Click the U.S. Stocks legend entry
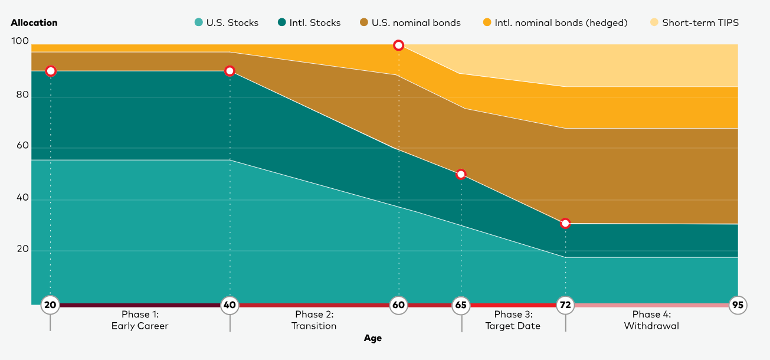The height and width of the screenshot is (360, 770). point(227,23)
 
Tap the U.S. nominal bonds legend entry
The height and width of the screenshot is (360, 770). point(410,23)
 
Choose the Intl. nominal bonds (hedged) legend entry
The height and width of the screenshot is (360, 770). point(555,23)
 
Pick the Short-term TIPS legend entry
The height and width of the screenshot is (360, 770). point(694,23)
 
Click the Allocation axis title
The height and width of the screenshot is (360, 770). point(34,23)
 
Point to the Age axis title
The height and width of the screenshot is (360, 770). point(372,338)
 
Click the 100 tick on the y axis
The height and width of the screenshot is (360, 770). point(20,41)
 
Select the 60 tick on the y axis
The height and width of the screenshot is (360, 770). point(22,145)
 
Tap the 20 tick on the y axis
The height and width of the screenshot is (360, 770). point(22,249)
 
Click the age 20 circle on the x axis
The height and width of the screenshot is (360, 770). point(50,305)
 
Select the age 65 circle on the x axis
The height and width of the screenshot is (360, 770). point(461,305)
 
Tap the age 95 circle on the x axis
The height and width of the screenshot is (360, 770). point(738,305)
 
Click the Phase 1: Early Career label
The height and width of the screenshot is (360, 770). point(140,320)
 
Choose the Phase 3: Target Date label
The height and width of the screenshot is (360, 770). point(513,320)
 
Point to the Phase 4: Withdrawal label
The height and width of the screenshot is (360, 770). point(651,320)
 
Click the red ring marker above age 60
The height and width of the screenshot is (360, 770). point(399,45)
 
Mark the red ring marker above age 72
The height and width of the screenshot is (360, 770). point(565,223)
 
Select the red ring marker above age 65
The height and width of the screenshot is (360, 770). point(461,174)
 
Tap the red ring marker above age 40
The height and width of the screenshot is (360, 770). point(230,71)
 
